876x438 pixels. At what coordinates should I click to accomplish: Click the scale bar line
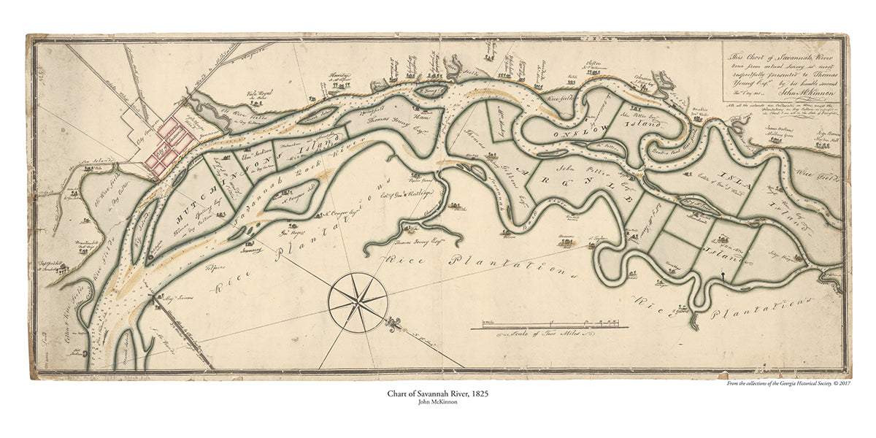pos(545,326)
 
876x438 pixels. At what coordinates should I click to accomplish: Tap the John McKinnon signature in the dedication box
pos(810,92)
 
